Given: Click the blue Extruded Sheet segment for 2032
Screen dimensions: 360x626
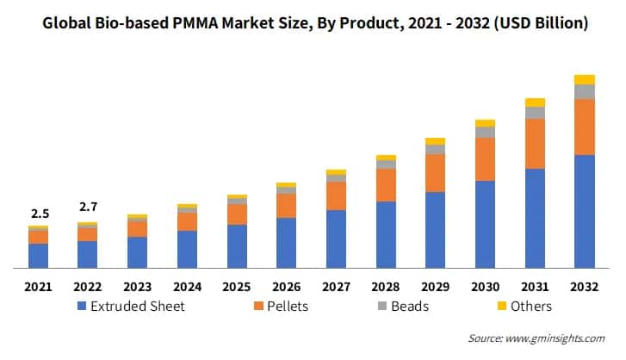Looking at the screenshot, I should (585, 211).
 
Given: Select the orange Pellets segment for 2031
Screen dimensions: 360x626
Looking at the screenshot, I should (535, 144).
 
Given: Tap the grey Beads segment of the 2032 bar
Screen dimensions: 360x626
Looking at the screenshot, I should (585, 91).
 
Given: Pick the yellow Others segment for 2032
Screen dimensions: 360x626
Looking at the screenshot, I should (585, 79).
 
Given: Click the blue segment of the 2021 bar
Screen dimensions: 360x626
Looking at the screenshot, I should (38, 256).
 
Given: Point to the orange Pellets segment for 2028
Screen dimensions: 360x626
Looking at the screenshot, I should (386, 185).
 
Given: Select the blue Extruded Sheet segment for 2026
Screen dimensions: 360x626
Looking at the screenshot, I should (286, 242).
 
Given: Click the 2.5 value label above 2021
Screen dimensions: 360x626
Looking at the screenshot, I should (38, 213).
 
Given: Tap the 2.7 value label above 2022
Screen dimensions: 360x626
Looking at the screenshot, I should (88, 207).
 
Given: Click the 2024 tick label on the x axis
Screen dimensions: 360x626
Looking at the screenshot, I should (187, 286).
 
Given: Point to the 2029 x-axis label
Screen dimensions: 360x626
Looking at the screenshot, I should (435, 286).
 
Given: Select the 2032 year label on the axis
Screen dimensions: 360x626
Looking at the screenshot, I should (585, 286).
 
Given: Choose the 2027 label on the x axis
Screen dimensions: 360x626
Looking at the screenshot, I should (336, 286).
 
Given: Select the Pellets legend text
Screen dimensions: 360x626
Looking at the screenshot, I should (288, 306).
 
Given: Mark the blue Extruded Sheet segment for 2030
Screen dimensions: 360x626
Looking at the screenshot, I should (485, 224).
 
